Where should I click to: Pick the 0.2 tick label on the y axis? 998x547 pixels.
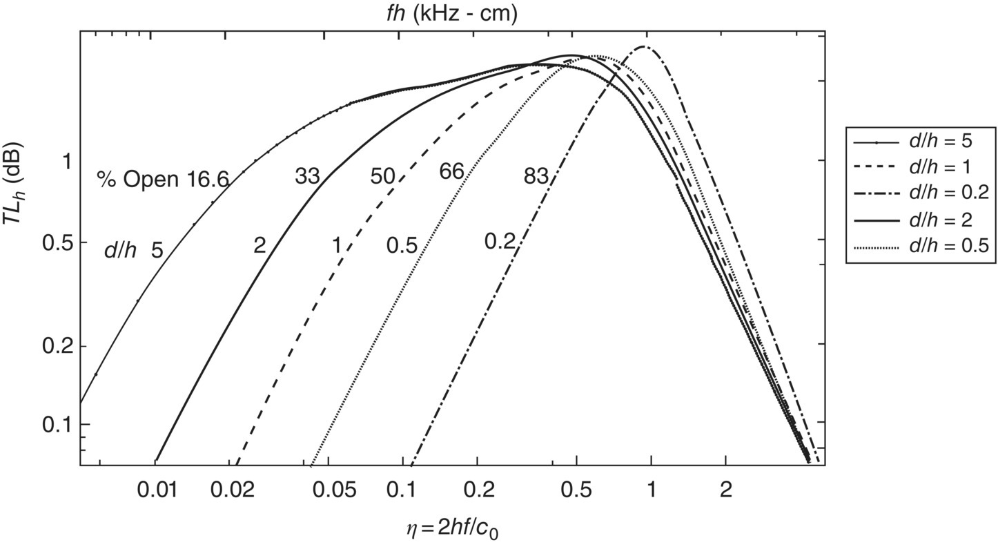(57, 345)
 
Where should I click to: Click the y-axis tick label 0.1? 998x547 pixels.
(57, 424)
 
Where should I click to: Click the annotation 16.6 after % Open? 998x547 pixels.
(207, 180)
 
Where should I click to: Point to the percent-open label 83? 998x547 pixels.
(536, 177)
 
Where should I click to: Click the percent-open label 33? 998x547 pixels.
(307, 176)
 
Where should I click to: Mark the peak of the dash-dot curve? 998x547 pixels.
(643, 47)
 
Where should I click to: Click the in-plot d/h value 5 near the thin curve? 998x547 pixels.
(157, 251)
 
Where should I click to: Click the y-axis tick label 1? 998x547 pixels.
(67, 161)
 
